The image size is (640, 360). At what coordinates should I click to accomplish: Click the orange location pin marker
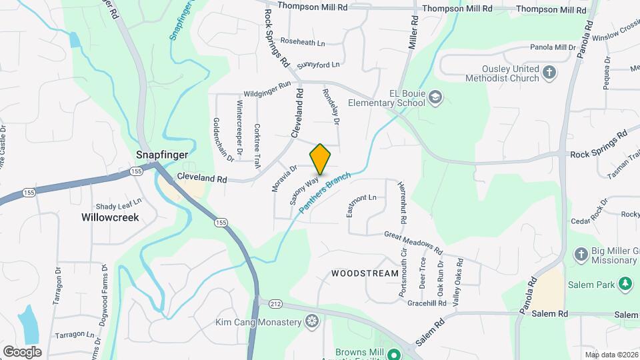(x=320, y=159)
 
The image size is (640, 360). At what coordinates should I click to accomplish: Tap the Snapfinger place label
(x=162, y=154)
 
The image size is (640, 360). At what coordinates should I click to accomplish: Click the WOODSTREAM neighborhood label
(x=365, y=273)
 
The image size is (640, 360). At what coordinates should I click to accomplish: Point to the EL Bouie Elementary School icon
(x=435, y=98)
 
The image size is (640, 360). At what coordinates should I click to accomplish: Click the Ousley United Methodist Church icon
(x=549, y=73)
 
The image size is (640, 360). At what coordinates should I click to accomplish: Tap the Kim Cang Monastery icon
(x=311, y=323)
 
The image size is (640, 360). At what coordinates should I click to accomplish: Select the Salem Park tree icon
(x=625, y=285)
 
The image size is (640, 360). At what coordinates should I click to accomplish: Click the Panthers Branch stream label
(x=325, y=193)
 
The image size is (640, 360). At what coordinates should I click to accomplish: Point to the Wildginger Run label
(x=267, y=89)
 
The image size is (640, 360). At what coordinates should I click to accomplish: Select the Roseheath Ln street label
(x=302, y=41)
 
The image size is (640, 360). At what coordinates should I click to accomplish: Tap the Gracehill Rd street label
(x=427, y=303)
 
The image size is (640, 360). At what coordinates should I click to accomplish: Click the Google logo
(x=22, y=351)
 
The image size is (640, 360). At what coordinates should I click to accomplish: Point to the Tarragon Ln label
(x=74, y=335)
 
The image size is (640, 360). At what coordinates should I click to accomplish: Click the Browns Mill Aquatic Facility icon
(x=393, y=354)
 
